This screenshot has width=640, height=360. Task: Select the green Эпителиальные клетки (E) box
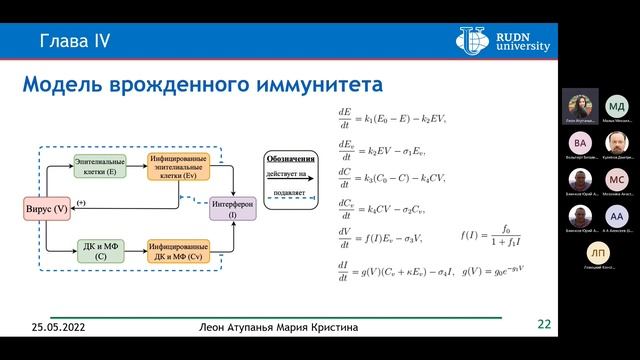point(101,165)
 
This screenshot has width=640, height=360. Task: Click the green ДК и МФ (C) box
point(101,250)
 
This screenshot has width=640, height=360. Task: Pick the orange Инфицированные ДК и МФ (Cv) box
point(178,250)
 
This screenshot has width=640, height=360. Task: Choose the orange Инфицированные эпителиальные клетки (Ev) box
point(178,166)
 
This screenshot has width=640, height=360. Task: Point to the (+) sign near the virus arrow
point(80,203)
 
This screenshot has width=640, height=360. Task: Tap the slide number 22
point(544,323)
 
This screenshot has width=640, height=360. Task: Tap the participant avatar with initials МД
point(617,106)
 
